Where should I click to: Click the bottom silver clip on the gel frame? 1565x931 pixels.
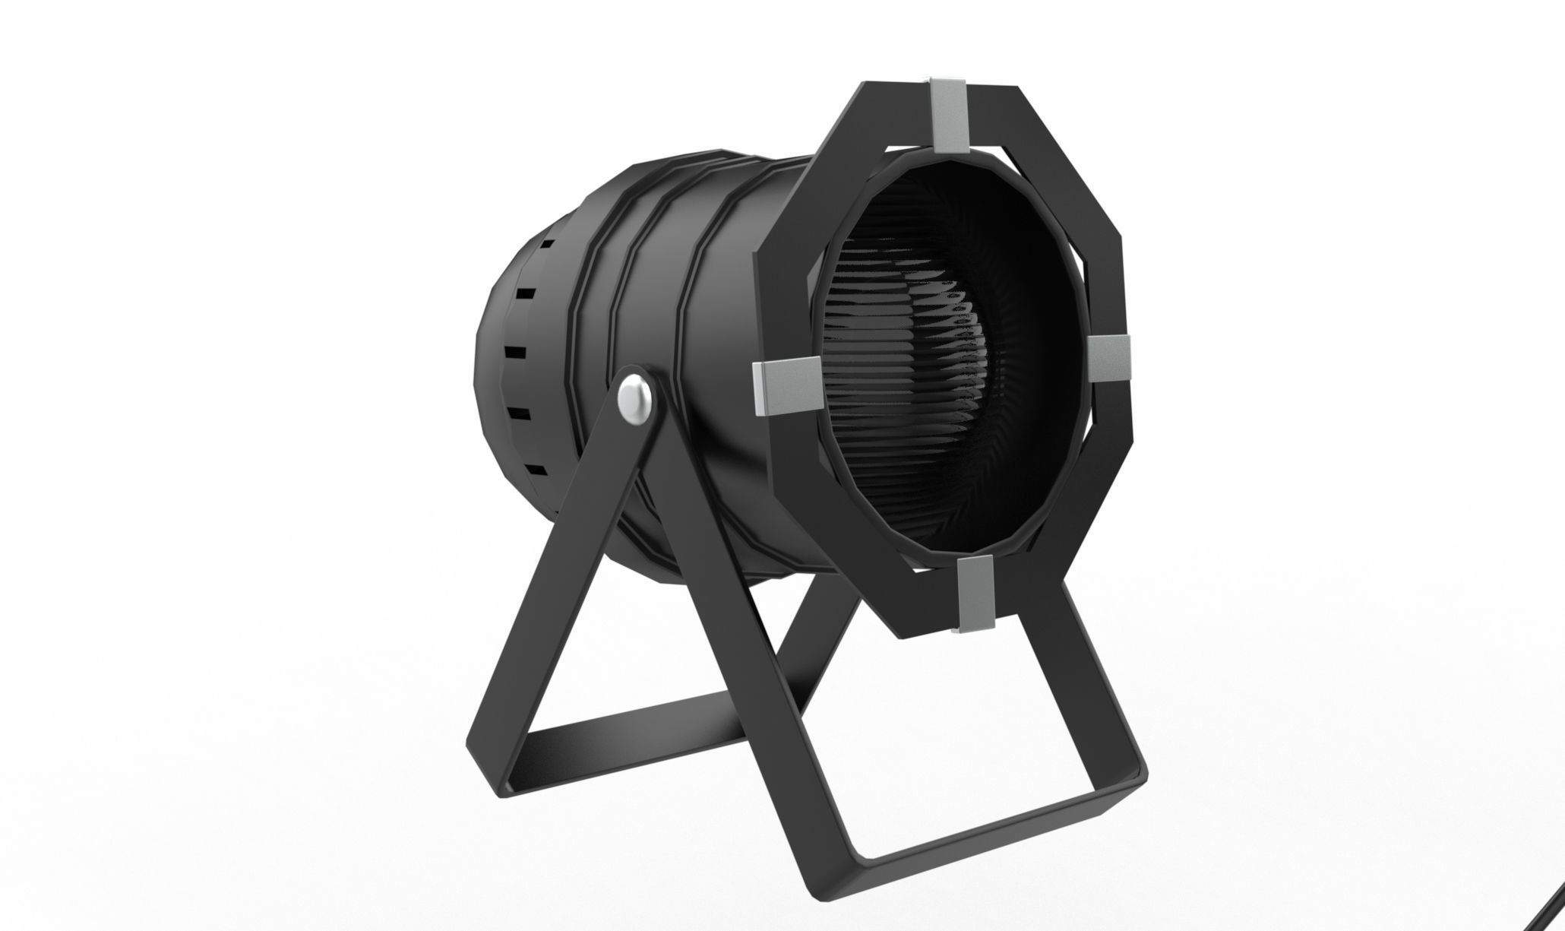pos(975,594)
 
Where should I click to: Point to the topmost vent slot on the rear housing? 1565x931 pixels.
pos(545,247)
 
